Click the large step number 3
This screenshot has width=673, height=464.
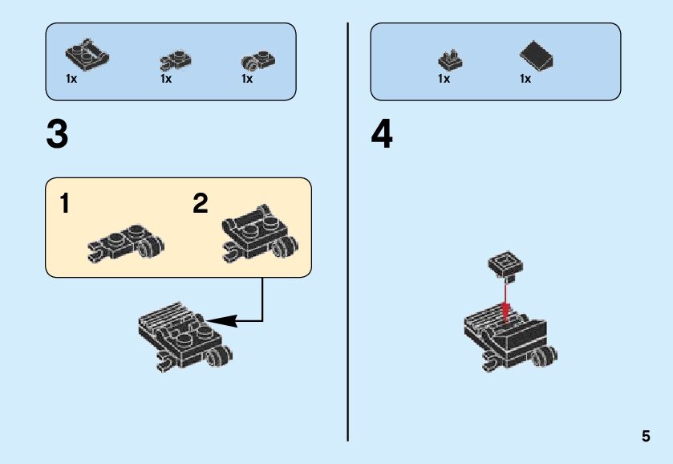(57, 136)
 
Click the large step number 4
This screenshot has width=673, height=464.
(382, 136)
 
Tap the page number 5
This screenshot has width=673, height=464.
(646, 437)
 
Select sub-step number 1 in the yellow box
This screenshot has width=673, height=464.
(64, 204)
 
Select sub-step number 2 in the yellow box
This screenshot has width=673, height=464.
(201, 204)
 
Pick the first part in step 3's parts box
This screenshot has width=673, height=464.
(86, 55)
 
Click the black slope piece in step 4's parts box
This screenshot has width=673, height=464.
(537, 57)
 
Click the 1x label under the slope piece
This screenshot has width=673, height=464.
(525, 79)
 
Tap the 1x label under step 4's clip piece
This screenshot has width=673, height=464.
(444, 79)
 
